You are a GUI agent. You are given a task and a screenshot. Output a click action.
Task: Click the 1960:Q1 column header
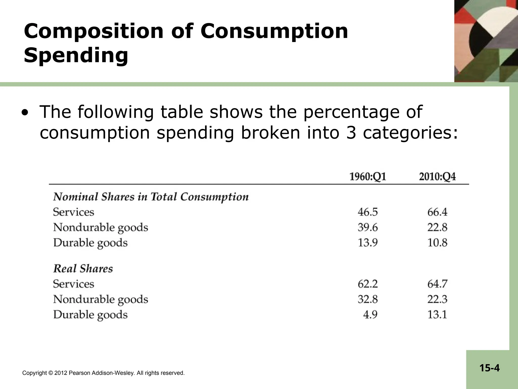pyautogui.click(x=368, y=177)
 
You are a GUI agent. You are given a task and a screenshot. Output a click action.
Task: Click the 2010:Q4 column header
pyautogui.click(x=437, y=177)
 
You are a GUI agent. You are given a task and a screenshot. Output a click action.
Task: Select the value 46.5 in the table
pyautogui.click(x=368, y=212)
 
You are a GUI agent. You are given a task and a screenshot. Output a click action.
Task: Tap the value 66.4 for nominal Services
pyautogui.click(x=437, y=212)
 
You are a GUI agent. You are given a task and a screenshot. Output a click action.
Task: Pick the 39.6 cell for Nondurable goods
pyautogui.click(x=368, y=227)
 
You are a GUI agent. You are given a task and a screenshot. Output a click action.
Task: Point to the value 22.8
pyautogui.click(x=437, y=227)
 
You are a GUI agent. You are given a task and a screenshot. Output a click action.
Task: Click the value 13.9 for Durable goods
pyautogui.click(x=368, y=243)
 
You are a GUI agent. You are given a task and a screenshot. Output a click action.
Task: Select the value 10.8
pyautogui.click(x=437, y=243)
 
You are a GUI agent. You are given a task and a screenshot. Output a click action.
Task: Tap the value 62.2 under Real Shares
pyautogui.click(x=368, y=284)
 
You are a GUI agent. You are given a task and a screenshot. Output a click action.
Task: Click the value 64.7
pyautogui.click(x=437, y=284)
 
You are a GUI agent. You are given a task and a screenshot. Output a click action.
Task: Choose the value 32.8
pyautogui.click(x=368, y=299)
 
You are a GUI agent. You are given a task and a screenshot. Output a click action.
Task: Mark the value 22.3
pyautogui.click(x=437, y=299)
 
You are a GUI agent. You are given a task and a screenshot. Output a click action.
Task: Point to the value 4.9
pyautogui.click(x=370, y=315)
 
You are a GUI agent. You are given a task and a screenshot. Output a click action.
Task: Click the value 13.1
pyautogui.click(x=437, y=315)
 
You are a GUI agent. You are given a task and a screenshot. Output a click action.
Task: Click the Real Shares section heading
pyautogui.click(x=83, y=269)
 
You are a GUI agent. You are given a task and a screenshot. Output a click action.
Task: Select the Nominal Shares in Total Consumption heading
pyautogui.click(x=151, y=197)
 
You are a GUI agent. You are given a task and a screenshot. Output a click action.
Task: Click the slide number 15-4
pyautogui.click(x=489, y=368)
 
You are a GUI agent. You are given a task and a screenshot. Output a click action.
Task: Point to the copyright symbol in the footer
pyautogui.click(x=51, y=373)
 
